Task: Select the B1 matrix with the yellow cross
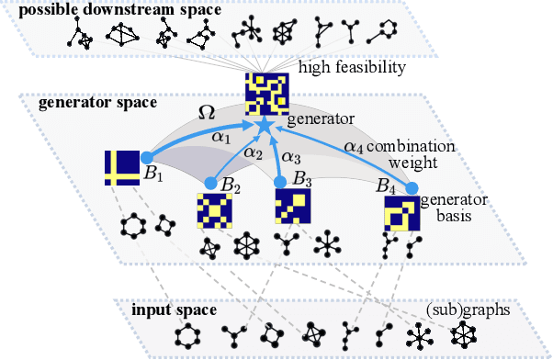pyautogui.click(x=121, y=167)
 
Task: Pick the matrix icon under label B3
pyautogui.click(x=293, y=207)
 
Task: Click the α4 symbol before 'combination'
pyautogui.click(x=353, y=145)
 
